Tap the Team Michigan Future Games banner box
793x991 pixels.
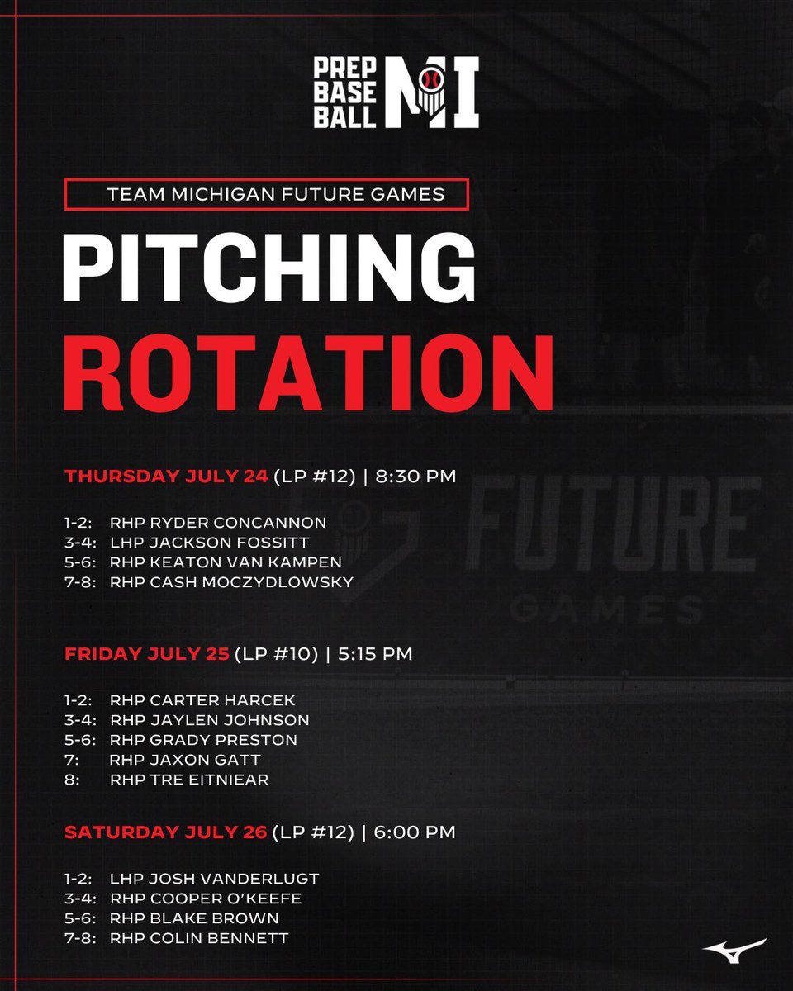[266, 195]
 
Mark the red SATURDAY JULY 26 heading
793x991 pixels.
[166, 832]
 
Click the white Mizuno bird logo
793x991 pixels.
[734, 949]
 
